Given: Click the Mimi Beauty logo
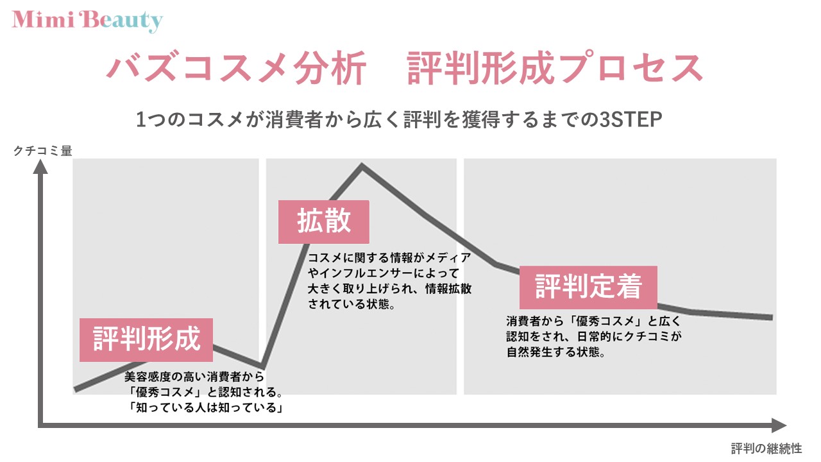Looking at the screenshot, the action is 87,21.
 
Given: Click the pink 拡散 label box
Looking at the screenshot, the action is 324,222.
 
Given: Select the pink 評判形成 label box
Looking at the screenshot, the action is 146,340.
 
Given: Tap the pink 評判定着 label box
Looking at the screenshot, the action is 588,287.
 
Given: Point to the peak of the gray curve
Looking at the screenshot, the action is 362,166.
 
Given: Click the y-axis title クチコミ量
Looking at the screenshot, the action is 43,151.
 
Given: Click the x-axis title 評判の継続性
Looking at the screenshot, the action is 766,448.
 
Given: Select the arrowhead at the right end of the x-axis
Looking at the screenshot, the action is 779,425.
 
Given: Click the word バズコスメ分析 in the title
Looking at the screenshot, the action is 237,68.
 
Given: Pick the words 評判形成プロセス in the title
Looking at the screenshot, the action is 555,68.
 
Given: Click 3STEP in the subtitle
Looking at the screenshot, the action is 631,119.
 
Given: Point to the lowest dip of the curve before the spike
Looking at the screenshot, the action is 262,366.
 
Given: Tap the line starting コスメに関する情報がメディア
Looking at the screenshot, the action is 389,258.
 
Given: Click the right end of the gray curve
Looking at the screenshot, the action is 772,317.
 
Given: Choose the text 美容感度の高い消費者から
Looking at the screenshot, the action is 194,377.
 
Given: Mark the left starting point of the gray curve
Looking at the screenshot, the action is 75,389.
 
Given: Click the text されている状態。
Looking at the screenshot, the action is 351,304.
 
